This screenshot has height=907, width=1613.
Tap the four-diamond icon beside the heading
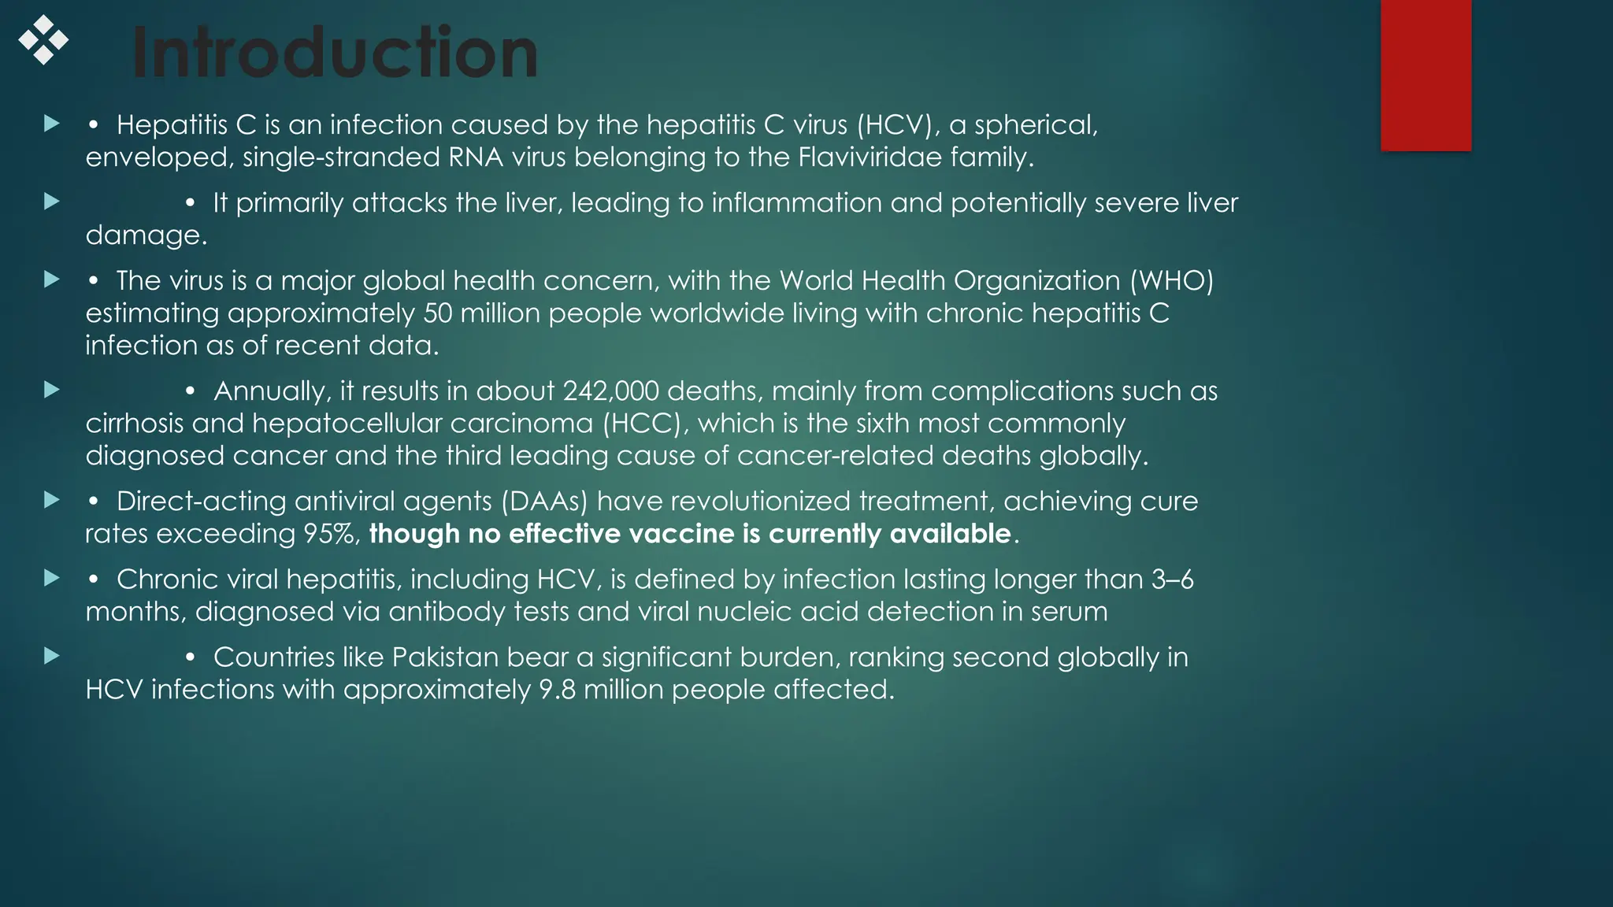43,39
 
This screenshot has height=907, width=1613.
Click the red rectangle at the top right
1426,75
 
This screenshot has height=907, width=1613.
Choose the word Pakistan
445,657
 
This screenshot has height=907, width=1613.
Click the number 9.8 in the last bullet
557,690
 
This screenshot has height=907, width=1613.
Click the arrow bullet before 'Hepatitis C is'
52,124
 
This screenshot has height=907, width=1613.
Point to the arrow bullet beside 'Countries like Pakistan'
52,656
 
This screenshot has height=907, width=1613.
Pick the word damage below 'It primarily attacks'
146,235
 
